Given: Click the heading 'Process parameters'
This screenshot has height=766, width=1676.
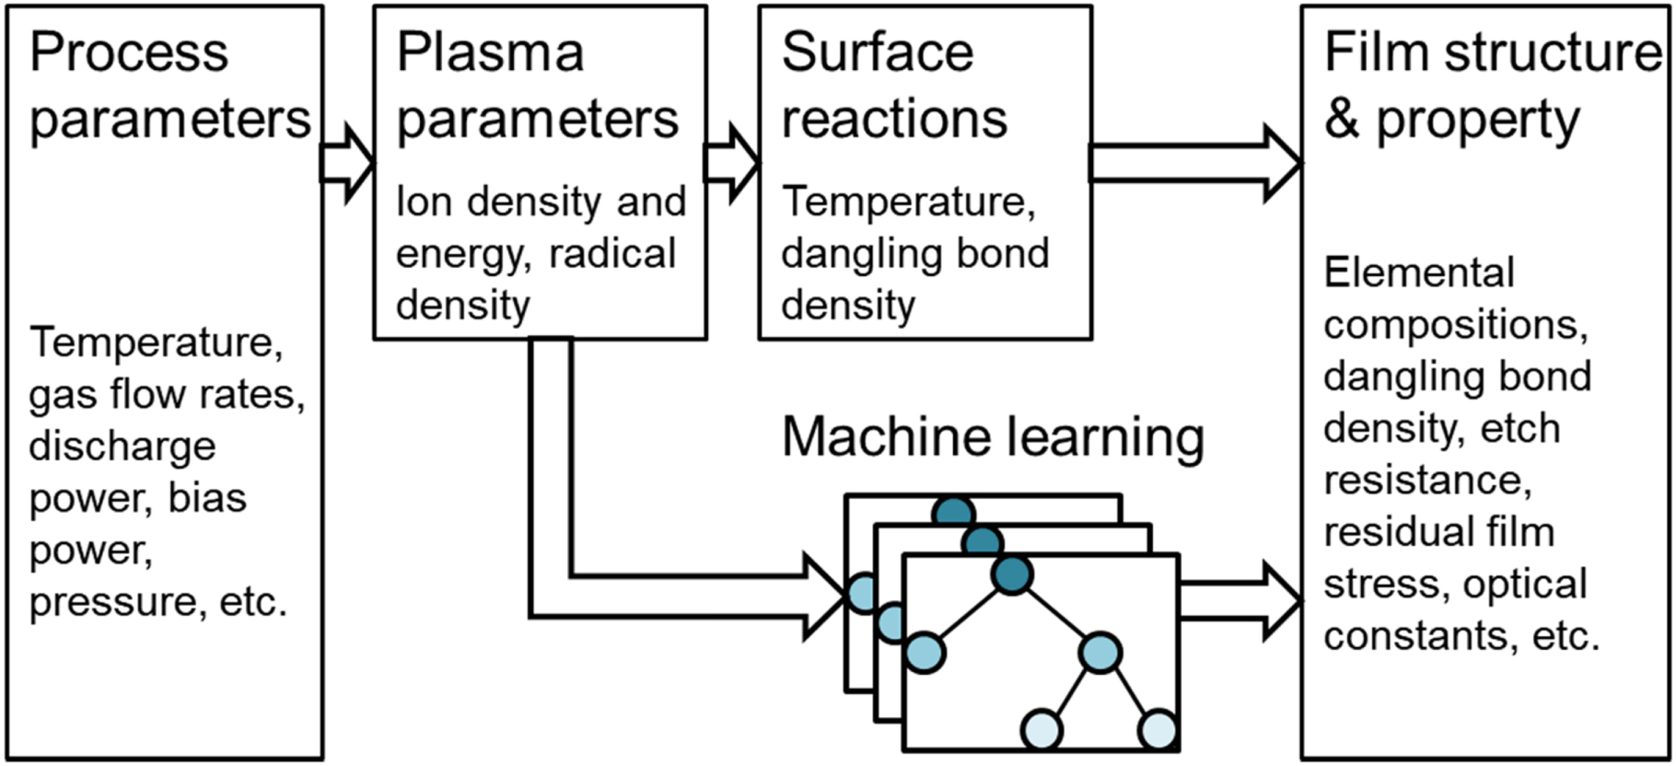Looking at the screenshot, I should click(169, 85).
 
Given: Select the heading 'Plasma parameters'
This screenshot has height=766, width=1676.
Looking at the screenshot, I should click(536, 85).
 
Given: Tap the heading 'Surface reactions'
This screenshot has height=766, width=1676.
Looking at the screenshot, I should click(893, 85).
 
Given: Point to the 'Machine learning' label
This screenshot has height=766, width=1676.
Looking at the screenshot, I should click(993, 436).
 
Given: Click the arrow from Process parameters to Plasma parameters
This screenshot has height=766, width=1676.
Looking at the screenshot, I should click(347, 164).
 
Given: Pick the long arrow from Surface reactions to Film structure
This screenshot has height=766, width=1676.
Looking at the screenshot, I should click(1194, 164).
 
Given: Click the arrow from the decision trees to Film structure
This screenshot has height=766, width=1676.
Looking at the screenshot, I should click(1239, 601).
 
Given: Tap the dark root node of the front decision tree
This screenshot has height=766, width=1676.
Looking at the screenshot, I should click(1012, 574).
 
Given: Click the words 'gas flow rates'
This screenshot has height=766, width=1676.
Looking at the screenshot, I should click(167, 395).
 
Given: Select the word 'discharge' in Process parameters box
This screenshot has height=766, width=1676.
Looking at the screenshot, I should click(122, 447).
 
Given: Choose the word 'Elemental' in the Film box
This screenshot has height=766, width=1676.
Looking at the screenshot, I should click(1418, 273).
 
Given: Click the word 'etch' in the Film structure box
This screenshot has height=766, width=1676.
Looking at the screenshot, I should click(1519, 429).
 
